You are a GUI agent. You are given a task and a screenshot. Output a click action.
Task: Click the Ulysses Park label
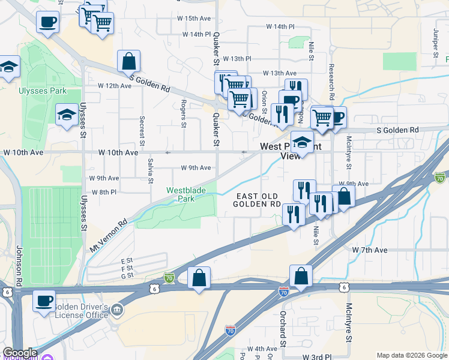[42, 91]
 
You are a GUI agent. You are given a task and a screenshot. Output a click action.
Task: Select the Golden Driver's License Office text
[81, 311]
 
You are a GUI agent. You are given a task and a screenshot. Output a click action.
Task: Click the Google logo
[20, 353]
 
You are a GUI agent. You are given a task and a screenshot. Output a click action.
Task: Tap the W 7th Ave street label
[370, 249]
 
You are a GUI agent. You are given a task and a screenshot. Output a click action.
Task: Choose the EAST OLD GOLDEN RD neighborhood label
[258, 200]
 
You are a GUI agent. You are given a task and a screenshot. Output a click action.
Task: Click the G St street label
[127, 276]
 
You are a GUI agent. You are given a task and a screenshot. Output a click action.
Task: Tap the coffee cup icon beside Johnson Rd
[44, 300]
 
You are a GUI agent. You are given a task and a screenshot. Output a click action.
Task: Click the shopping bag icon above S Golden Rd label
[129, 61]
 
